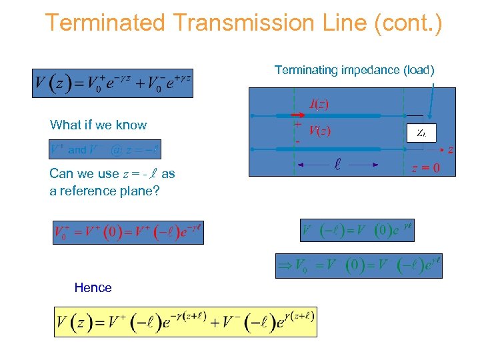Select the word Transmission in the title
click(242, 23)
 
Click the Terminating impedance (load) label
click(354, 70)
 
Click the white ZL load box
click(421, 133)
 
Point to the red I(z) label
click(318, 104)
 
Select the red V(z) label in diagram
click(319, 131)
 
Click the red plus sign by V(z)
click(297, 124)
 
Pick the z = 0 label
click(425, 168)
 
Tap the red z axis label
click(450, 151)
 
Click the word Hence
click(93, 287)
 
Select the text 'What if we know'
click(98, 125)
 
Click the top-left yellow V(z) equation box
click(113, 84)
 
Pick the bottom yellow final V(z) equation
click(185, 322)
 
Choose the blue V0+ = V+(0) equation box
click(128, 232)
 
